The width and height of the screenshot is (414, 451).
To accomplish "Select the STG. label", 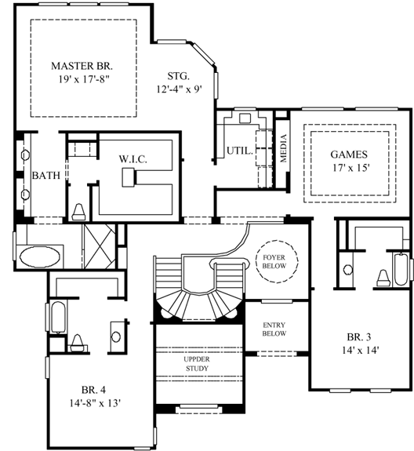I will [x=178, y=76].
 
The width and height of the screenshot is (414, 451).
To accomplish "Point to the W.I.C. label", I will [x=133, y=159].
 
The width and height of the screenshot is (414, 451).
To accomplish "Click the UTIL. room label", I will [x=238, y=151].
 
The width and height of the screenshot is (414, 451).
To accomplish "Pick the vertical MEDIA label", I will [x=284, y=147].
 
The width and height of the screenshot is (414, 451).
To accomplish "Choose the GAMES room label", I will [x=348, y=154].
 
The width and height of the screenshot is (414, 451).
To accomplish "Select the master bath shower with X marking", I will [x=98, y=237].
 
